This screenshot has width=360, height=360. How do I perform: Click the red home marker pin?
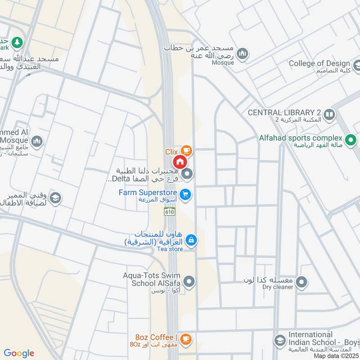coord(180,162)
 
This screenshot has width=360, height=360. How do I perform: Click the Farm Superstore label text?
coord(148,193)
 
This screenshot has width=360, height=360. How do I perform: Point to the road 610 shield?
coord(171,211)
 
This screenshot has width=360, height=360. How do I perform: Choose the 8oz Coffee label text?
coord(154,337)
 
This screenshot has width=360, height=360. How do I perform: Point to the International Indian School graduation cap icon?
coord(279,340)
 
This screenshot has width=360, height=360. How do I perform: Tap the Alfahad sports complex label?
coord(301,138)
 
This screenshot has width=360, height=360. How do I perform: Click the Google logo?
coord(19,353)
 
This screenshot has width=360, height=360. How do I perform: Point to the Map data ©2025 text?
coord(336,356)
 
